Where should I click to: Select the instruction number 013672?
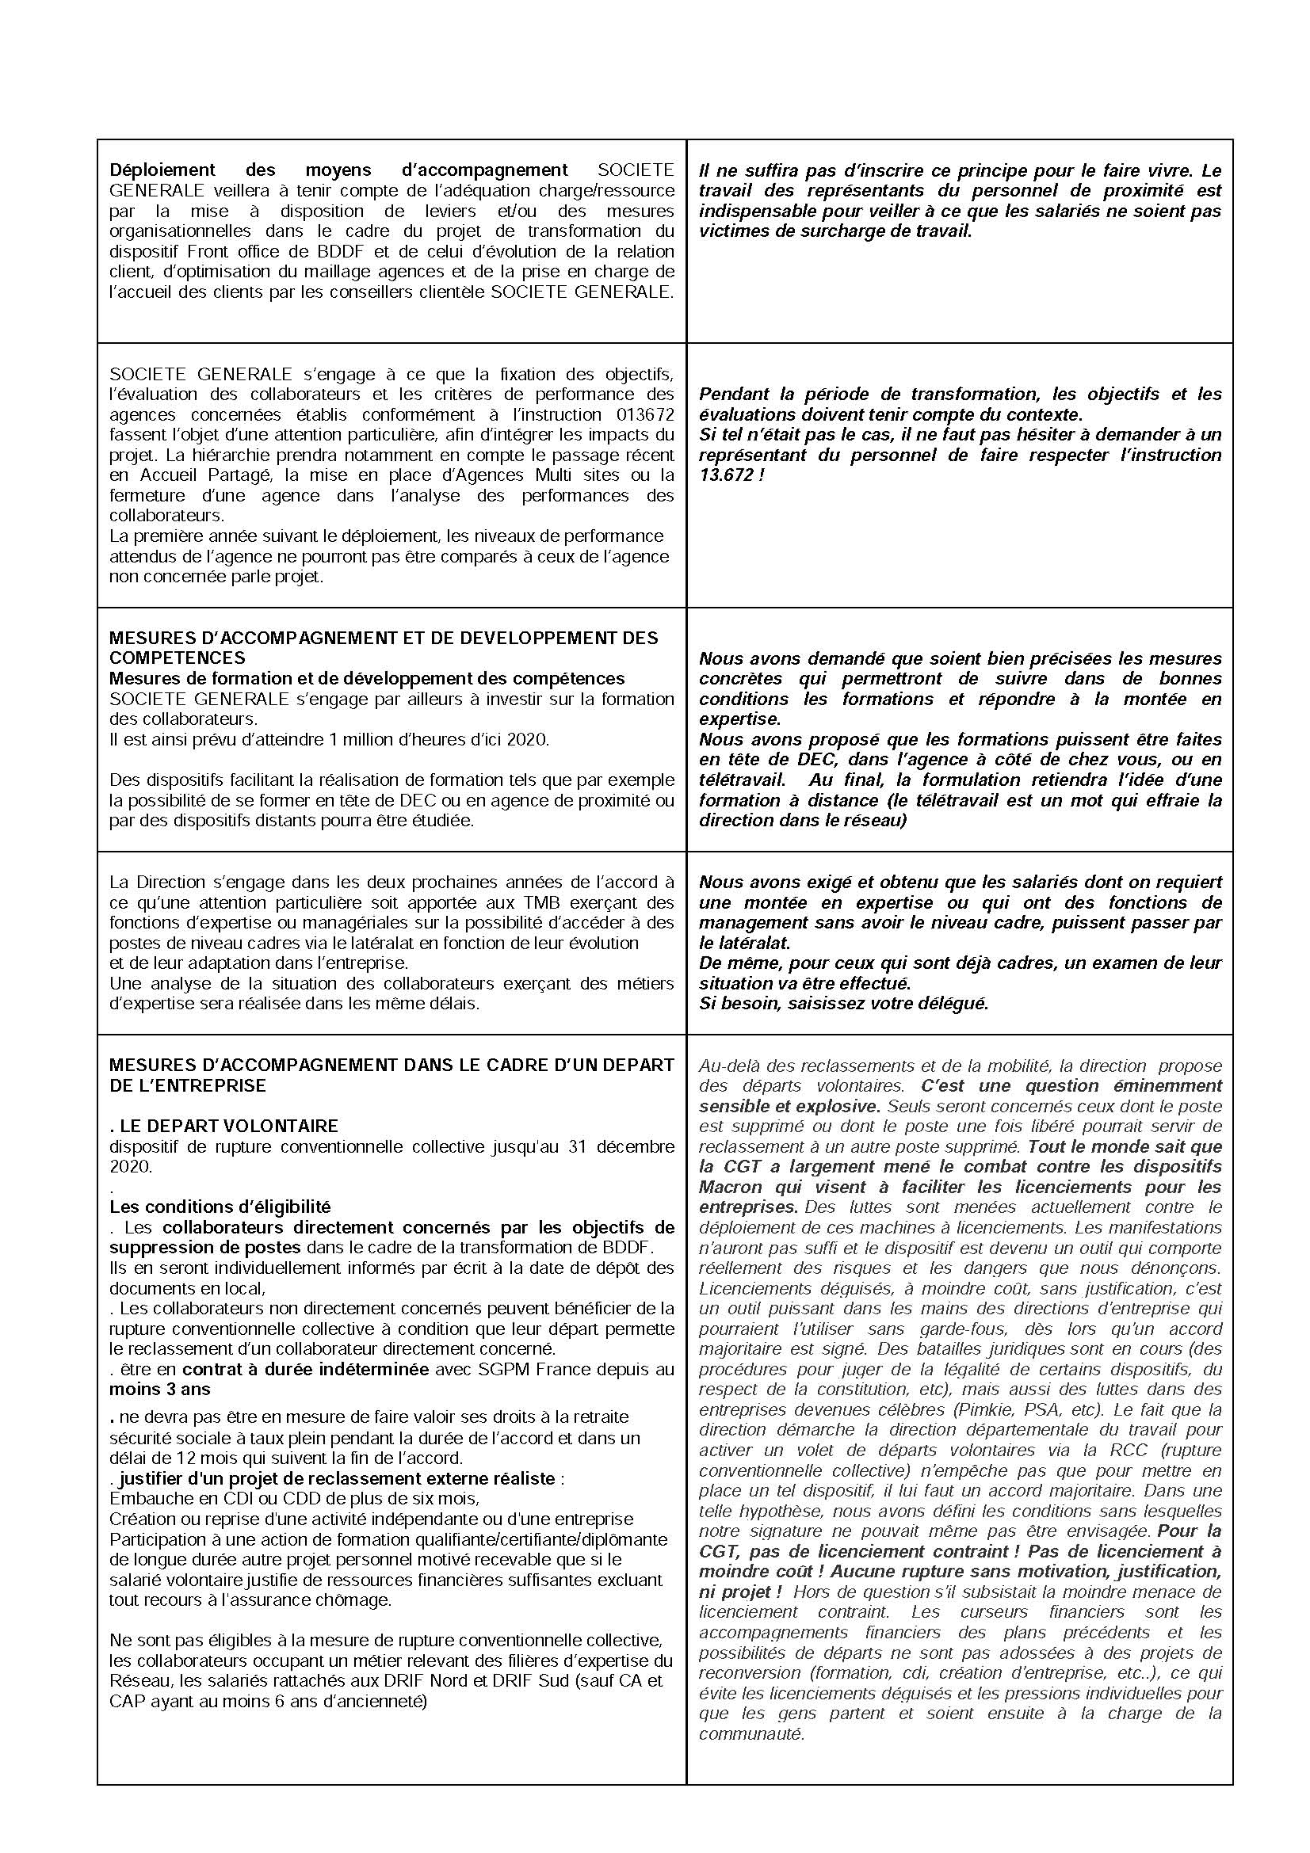click(639, 415)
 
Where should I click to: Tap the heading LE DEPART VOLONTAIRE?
click(228, 1126)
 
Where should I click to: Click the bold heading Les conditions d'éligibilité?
click(220, 1207)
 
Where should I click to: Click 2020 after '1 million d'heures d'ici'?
click(529, 739)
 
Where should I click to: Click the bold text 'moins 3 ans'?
click(159, 1389)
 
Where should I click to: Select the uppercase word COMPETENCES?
click(177, 658)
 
